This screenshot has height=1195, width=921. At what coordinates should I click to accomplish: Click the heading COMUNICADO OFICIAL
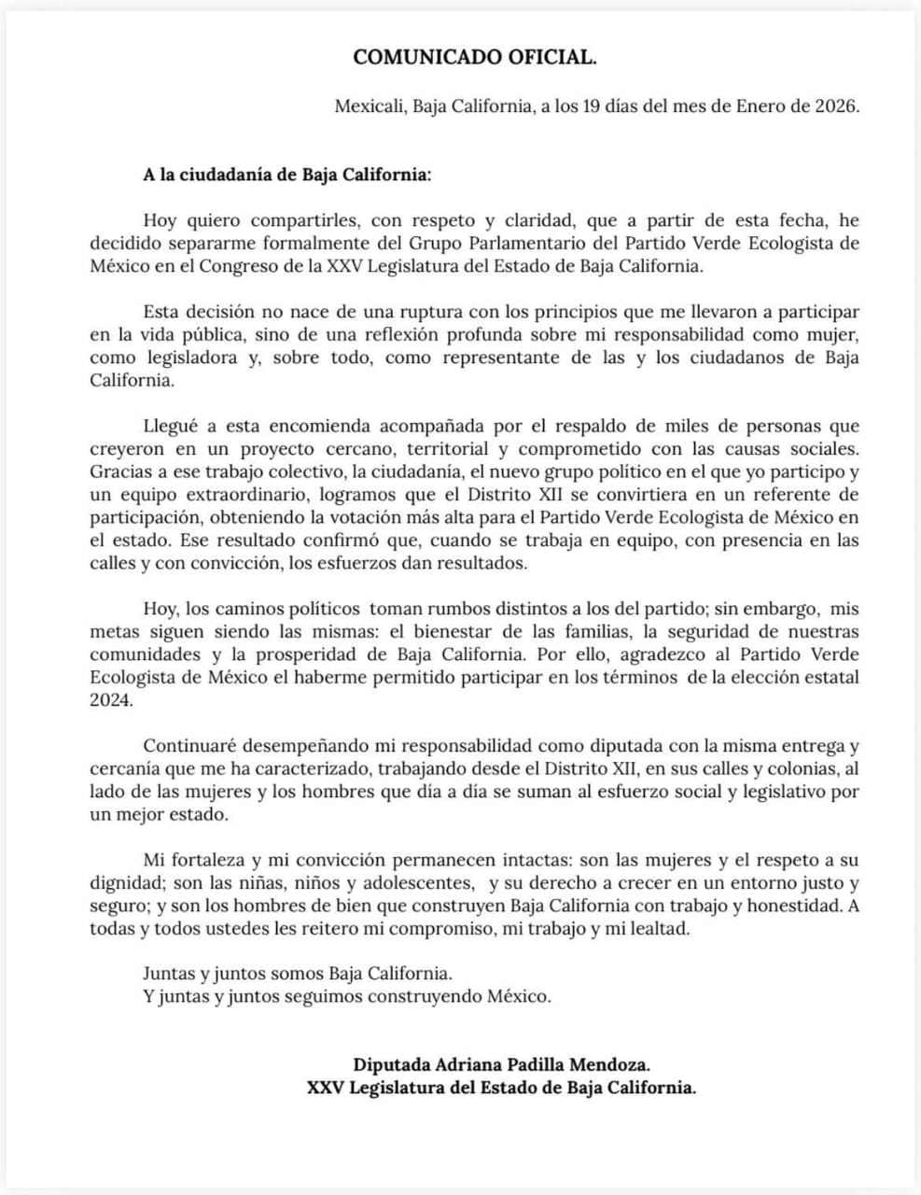pos(474,58)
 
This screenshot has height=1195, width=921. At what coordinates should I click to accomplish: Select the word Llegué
pos(171,427)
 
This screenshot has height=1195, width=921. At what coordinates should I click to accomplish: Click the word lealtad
pos(659,928)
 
